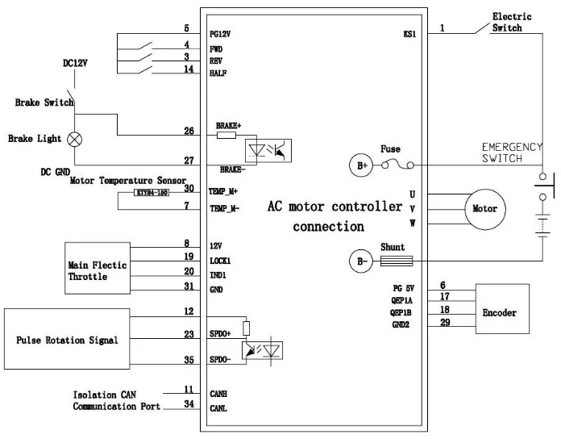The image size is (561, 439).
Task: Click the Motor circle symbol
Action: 484,209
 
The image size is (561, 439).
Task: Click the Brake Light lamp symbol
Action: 77,139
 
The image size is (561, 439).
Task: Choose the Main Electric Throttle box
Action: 97,270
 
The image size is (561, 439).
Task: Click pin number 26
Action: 189,131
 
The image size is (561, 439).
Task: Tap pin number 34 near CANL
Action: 189,403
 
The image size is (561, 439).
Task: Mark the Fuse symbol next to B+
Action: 397,165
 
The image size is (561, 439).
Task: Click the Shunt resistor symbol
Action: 396,261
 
